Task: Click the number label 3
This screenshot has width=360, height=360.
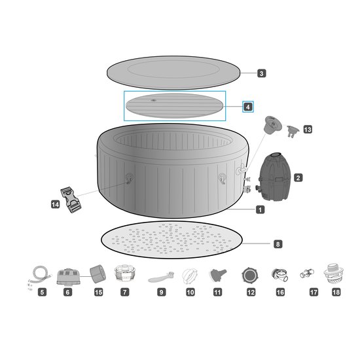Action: (262, 73)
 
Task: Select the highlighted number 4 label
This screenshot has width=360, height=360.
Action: (248, 107)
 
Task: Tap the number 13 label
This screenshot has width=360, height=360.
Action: (308, 130)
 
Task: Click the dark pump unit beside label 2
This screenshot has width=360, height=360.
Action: (274, 176)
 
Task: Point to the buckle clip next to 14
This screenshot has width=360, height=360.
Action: (71, 200)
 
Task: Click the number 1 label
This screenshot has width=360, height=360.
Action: (260, 209)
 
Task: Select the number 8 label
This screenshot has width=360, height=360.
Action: (278, 244)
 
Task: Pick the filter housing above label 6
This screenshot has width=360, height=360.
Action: (69, 277)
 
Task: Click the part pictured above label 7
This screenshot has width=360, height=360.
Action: (124, 273)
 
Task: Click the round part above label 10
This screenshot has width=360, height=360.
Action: (190, 276)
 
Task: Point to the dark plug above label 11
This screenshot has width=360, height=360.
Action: (218, 275)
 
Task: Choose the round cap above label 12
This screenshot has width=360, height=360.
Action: (250, 275)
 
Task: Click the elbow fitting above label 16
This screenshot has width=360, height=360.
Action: (280, 275)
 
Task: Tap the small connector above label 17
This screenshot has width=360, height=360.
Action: (307, 274)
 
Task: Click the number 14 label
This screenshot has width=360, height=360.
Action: (55, 204)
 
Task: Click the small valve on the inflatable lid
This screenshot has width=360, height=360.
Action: (154, 101)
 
